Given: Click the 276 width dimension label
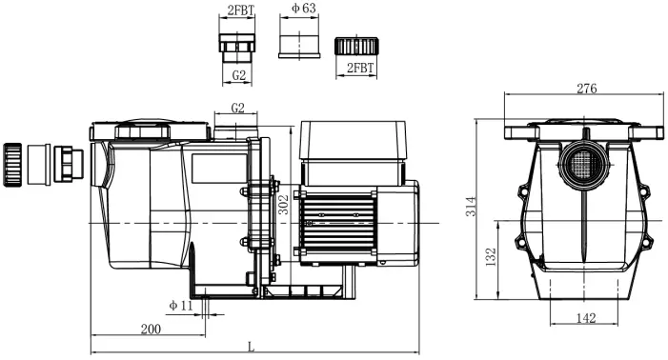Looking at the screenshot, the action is click(587, 89).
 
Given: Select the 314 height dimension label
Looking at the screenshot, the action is click(471, 207).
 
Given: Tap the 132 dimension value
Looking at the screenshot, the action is click(491, 257).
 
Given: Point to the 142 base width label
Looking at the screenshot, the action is click(586, 318).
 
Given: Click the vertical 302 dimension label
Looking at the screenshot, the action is click(283, 204).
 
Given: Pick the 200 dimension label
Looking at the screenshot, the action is click(151, 329).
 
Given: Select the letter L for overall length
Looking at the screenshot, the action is click(252, 347).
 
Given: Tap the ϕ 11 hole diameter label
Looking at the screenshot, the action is click(181, 305).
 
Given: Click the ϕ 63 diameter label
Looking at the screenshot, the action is click(304, 8).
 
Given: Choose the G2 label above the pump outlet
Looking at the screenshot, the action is click(237, 108).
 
